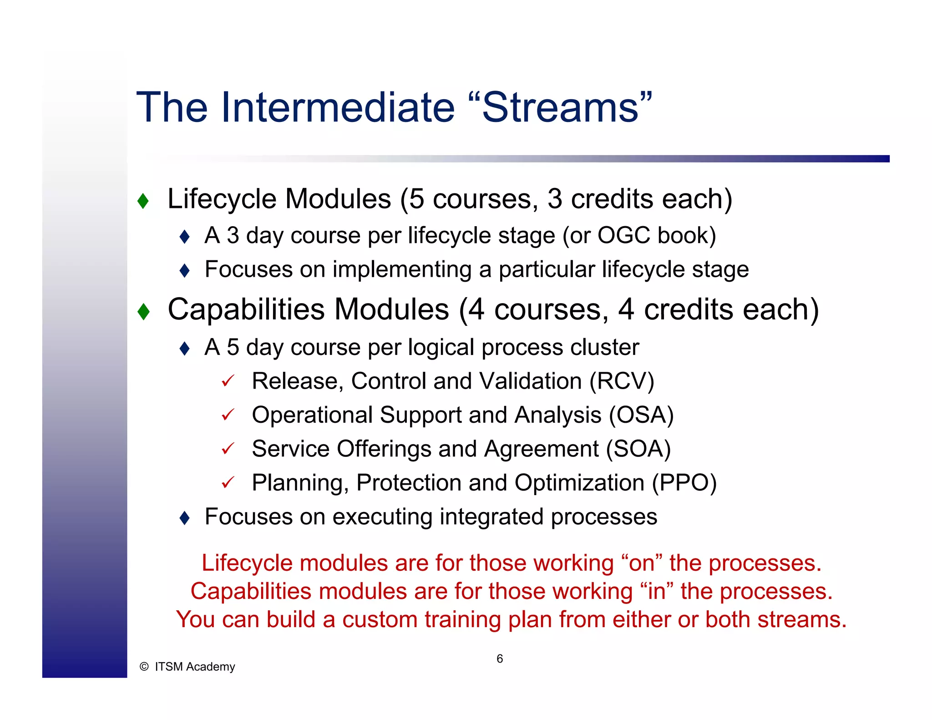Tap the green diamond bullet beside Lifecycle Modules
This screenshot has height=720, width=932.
pyautogui.click(x=143, y=201)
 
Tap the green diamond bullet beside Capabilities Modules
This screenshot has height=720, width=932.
pyautogui.click(x=143, y=312)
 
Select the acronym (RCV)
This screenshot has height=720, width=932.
pyautogui.click(x=622, y=381)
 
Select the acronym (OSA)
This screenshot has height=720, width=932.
pyautogui.click(x=641, y=415)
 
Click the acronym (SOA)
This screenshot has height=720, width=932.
pyautogui.click(x=638, y=449)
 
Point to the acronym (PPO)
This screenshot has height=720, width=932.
pyautogui.click(x=684, y=483)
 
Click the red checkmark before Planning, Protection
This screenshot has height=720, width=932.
pyautogui.click(x=228, y=482)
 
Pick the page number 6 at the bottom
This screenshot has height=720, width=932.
pyautogui.click(x=500, y=659)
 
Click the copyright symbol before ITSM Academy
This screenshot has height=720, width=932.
pyautogui.click(x=144, y=667)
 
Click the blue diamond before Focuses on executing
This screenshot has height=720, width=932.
pyautogui.click(x=184, y=517)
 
